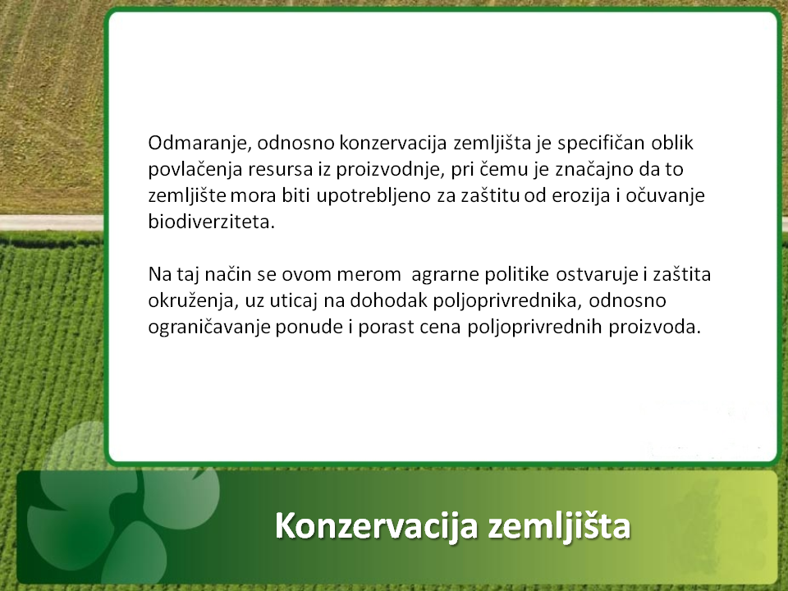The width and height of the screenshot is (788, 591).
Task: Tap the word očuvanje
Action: pos(665,195)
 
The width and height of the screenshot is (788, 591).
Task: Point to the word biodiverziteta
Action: pos(212,222)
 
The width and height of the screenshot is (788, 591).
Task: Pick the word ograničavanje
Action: pos(209,328)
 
